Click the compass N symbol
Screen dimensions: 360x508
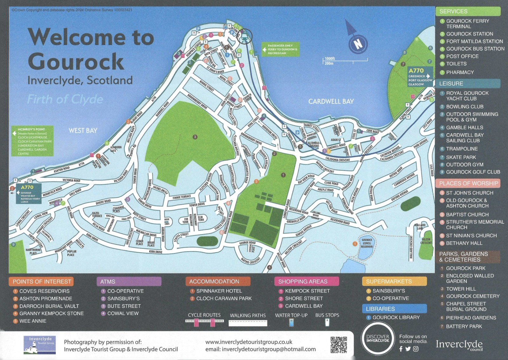click(x=358, y=44)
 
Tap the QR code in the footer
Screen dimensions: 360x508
click(x=338, y=345)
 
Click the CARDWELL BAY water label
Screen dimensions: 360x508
click(x=331, y=101)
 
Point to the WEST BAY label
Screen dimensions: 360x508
click(x=83, y=130)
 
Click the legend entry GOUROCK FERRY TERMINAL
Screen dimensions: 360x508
click(x=467, y=24)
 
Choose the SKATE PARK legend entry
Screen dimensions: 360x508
click(x=461, y=157)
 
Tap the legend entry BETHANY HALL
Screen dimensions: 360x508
click(x=464, y=243)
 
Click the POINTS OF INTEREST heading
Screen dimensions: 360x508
click(x=42, y=282)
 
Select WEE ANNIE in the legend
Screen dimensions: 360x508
click(x=33, y=321)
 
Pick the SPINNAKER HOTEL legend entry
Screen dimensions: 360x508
click(x=219, y=291)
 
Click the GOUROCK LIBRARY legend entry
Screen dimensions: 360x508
click(x=396, y=317)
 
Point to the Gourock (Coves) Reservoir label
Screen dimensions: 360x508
click(x=367, y=243)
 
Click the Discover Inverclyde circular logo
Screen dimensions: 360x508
click(x=378, y=339)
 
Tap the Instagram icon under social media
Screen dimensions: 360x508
click(x=416, y=349)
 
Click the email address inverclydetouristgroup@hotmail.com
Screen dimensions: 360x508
click(x=269, y=349)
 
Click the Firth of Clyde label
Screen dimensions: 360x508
click(x=65, y=99)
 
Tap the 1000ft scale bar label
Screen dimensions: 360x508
click(x=330, y=58)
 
